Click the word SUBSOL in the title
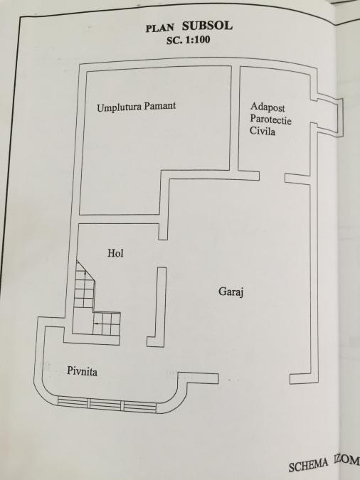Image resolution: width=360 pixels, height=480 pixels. tap(207, 26)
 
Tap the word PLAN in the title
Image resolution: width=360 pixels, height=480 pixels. tap(159, 28)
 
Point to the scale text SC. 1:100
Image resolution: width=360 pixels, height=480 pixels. tap(189, 40)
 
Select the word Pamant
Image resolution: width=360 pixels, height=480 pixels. tap(160, 106)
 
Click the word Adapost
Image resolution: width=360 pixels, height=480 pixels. tap(268, 107)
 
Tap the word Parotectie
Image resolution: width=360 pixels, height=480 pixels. tap(270, 119)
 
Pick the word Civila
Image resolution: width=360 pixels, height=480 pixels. tap(263, 131)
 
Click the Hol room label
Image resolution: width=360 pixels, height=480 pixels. tap(115, 253)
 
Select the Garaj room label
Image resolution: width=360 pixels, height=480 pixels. tap(231, 292)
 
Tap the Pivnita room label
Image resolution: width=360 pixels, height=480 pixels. tap(82, 371)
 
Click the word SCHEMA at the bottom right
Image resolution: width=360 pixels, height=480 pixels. tap(307, 464)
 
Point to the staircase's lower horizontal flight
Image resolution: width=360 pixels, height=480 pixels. tap(106, 324)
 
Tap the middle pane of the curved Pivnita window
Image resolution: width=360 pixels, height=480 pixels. tap(106, 405)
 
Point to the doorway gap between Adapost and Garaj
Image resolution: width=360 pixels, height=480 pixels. tap(272, 178)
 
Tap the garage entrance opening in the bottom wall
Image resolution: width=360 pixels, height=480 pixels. tap(254, 379)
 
